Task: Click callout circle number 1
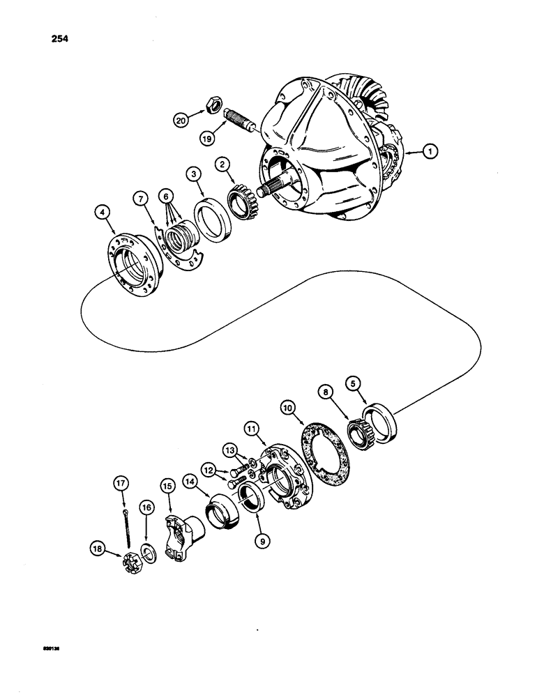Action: coord(431,151)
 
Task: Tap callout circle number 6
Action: coord(167,197)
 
